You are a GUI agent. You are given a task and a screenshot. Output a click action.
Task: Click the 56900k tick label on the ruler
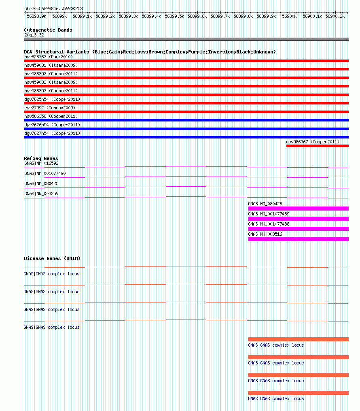coord(289,16)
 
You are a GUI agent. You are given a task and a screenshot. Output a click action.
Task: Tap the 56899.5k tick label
coord(174,16)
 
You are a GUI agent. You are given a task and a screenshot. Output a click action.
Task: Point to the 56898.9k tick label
coord(36,16)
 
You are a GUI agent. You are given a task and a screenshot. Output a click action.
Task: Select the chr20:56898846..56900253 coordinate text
coord(53,9)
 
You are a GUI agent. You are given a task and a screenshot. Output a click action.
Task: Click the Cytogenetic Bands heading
coord(48,30)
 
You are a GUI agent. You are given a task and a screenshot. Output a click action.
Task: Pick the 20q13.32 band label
coord(34,35)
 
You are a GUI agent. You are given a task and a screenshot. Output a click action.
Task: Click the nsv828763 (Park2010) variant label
coord(49,57)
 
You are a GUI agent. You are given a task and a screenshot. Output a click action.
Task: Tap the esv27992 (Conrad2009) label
coord(50,108)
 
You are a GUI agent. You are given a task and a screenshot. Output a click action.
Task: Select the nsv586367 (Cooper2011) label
coord(313,142)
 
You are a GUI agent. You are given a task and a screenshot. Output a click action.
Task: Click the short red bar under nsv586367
coord(317,146)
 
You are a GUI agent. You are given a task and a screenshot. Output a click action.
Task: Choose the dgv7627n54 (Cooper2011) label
coord(52,133)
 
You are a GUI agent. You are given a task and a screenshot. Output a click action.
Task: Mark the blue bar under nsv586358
coord(186,120)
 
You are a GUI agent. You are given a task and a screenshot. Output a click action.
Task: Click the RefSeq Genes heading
coord(41,158)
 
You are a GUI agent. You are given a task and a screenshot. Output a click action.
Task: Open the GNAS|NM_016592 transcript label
coord(41,163)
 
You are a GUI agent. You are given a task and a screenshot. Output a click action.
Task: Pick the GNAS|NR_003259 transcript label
coord(41,194)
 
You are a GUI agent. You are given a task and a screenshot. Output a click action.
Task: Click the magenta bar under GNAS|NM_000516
coord(298,239)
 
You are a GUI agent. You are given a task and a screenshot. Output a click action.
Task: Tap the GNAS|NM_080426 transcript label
coord(265,204)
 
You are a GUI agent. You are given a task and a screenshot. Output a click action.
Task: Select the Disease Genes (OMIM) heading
coord(52,258)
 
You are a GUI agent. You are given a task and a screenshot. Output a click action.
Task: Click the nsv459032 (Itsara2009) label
coord(51,82)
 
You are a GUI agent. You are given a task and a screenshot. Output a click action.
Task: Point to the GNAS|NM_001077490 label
coord(45,173)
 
